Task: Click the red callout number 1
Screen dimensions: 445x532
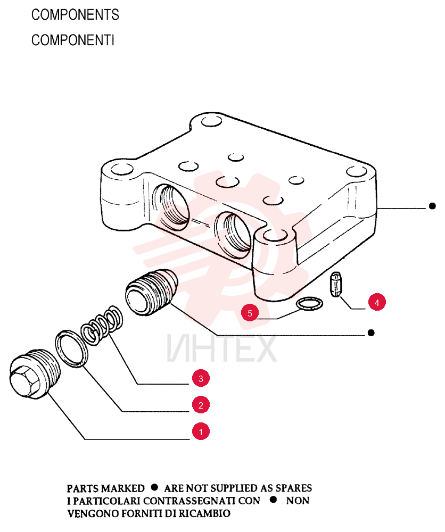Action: tap(201, 431)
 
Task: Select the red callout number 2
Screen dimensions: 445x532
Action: tap(201, 405)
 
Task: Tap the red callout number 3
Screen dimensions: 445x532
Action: tap(201, 378)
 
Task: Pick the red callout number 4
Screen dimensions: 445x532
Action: tap(377, 302)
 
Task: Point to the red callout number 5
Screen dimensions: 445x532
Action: tap(250, 313)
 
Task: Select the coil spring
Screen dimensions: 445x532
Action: tap(102, 325)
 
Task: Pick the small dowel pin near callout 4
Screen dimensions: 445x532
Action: tap(335, 284)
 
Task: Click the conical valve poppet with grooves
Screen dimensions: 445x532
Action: tap(151, 292)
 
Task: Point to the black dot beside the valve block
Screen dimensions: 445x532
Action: tap(432, 206)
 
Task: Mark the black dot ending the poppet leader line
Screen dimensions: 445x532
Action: tap(372, 333)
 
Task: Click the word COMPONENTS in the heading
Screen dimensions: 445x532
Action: tap(75, 15)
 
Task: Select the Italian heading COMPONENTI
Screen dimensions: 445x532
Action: tap(72, 40)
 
